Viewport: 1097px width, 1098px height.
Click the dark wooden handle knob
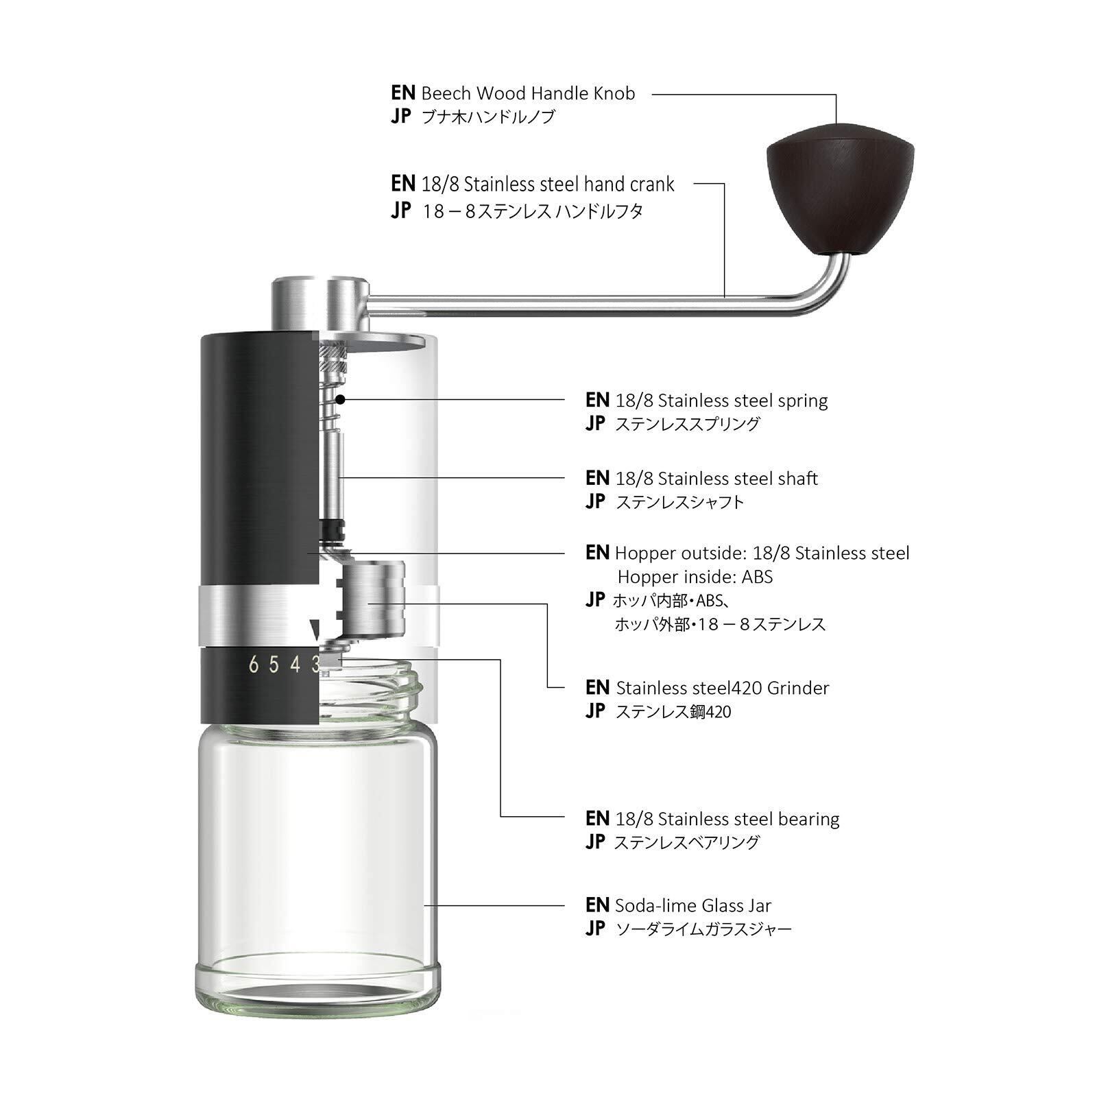click(840, 189)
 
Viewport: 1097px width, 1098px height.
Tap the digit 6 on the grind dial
click(254, 665)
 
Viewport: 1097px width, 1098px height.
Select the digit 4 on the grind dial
click(296, 665)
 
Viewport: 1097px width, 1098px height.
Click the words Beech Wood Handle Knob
click(528, 93)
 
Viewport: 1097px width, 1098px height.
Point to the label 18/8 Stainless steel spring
click(721, 401)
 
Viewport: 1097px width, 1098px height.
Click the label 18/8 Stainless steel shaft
click(716, 479)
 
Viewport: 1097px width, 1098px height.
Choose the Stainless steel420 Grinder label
click(723, 688)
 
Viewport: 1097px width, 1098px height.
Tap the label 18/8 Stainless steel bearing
click(727, 819)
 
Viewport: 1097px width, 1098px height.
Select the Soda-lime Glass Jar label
click(693, 905)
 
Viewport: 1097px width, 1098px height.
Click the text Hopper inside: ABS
click(695, 577)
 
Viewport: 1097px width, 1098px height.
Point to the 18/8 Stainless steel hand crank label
click(548, 184)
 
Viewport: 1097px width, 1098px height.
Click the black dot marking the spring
click(340, 398)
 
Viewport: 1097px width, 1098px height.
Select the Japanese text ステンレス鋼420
click(673, 712)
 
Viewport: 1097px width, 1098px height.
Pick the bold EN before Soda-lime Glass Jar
click(597, 905)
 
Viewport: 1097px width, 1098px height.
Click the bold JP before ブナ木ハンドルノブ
click(401, 117)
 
